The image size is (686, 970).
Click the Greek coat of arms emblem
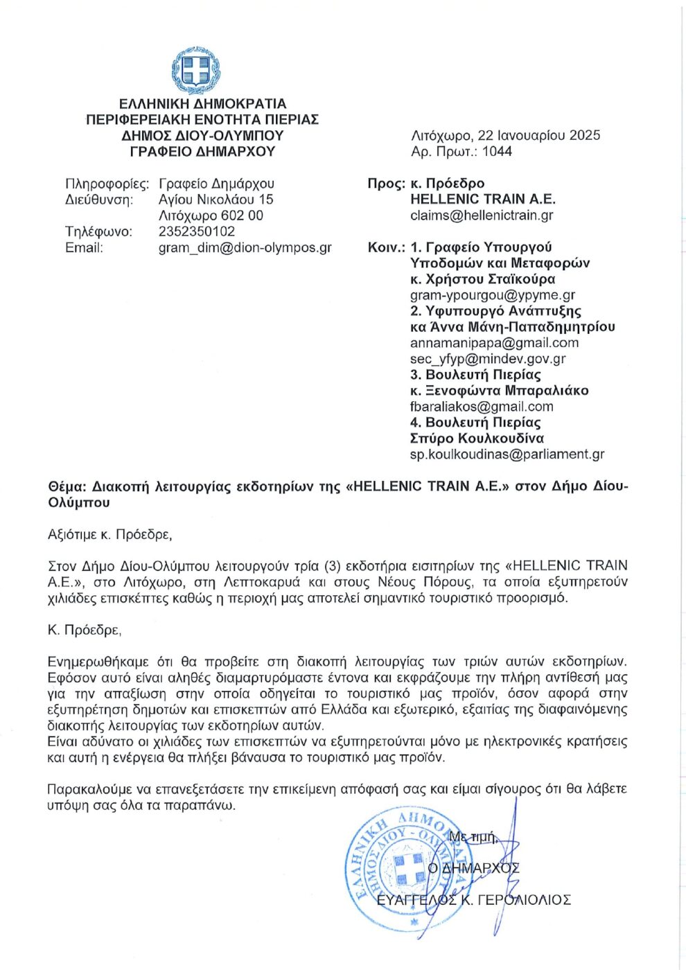click(x=195, y=70)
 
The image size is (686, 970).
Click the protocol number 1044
click(x=497, y=152)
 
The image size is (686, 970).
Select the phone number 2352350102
click(x=197, y=231)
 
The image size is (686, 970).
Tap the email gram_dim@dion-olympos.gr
click(x=245, y=247)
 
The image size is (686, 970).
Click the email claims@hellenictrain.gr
click(x=482, y=215)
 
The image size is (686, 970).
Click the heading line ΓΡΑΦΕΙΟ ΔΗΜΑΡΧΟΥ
click(x=202, y=152)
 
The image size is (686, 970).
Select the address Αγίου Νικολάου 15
click(x=216, y=200)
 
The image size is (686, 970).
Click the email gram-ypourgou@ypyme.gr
click(x=493, y=295)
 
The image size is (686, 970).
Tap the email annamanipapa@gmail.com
click(x=494, y=343)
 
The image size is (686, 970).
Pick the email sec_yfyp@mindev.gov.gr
click(x=488, y=359)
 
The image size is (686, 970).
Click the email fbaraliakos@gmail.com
click(x=482, y=407)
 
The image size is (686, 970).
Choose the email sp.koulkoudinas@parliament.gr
click(x=507, y=455)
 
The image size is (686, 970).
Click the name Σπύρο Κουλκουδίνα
click(x=477, y=439)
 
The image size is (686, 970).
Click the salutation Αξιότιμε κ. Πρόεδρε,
click(x=110, y=535)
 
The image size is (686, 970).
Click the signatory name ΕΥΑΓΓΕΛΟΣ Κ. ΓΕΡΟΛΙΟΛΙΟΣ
click(x=473, y=900)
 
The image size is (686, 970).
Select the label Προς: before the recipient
click(x=386, y=184)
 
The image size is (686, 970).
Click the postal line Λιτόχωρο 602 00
click(x=211, y=215)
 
